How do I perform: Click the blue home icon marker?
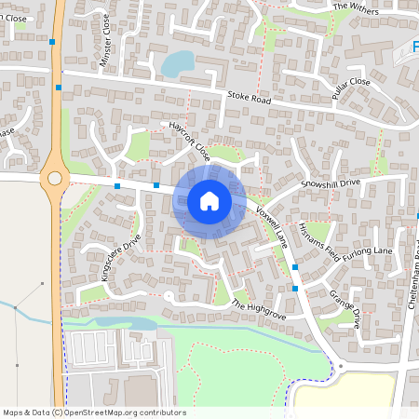pos(209,200)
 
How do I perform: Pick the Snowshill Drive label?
pos(330,183)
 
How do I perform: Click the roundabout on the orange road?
pos(54,177)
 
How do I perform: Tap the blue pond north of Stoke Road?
pos(178,62)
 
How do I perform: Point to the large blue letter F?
pos(415,47)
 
